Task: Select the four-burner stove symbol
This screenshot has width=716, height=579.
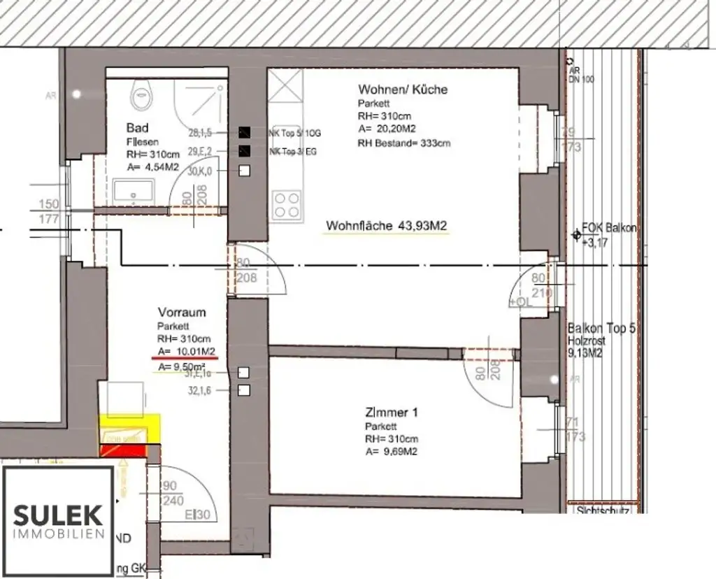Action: (286, 205)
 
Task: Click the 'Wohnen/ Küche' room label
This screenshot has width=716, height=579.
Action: (403, 90)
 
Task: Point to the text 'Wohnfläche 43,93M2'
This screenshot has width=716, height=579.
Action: (387, 226)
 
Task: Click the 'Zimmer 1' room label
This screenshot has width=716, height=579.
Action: (392, 413)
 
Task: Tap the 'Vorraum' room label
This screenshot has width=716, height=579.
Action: (182, 313)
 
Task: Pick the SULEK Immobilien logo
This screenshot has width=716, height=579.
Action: (59, 520)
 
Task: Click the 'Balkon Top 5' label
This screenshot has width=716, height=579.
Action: (601, 328)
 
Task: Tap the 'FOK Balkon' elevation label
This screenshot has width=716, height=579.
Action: (608, 229)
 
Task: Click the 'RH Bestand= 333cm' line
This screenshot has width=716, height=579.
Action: (405, 143)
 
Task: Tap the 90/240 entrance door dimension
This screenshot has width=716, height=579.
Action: (173, 494)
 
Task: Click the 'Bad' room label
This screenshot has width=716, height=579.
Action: (137, 128)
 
